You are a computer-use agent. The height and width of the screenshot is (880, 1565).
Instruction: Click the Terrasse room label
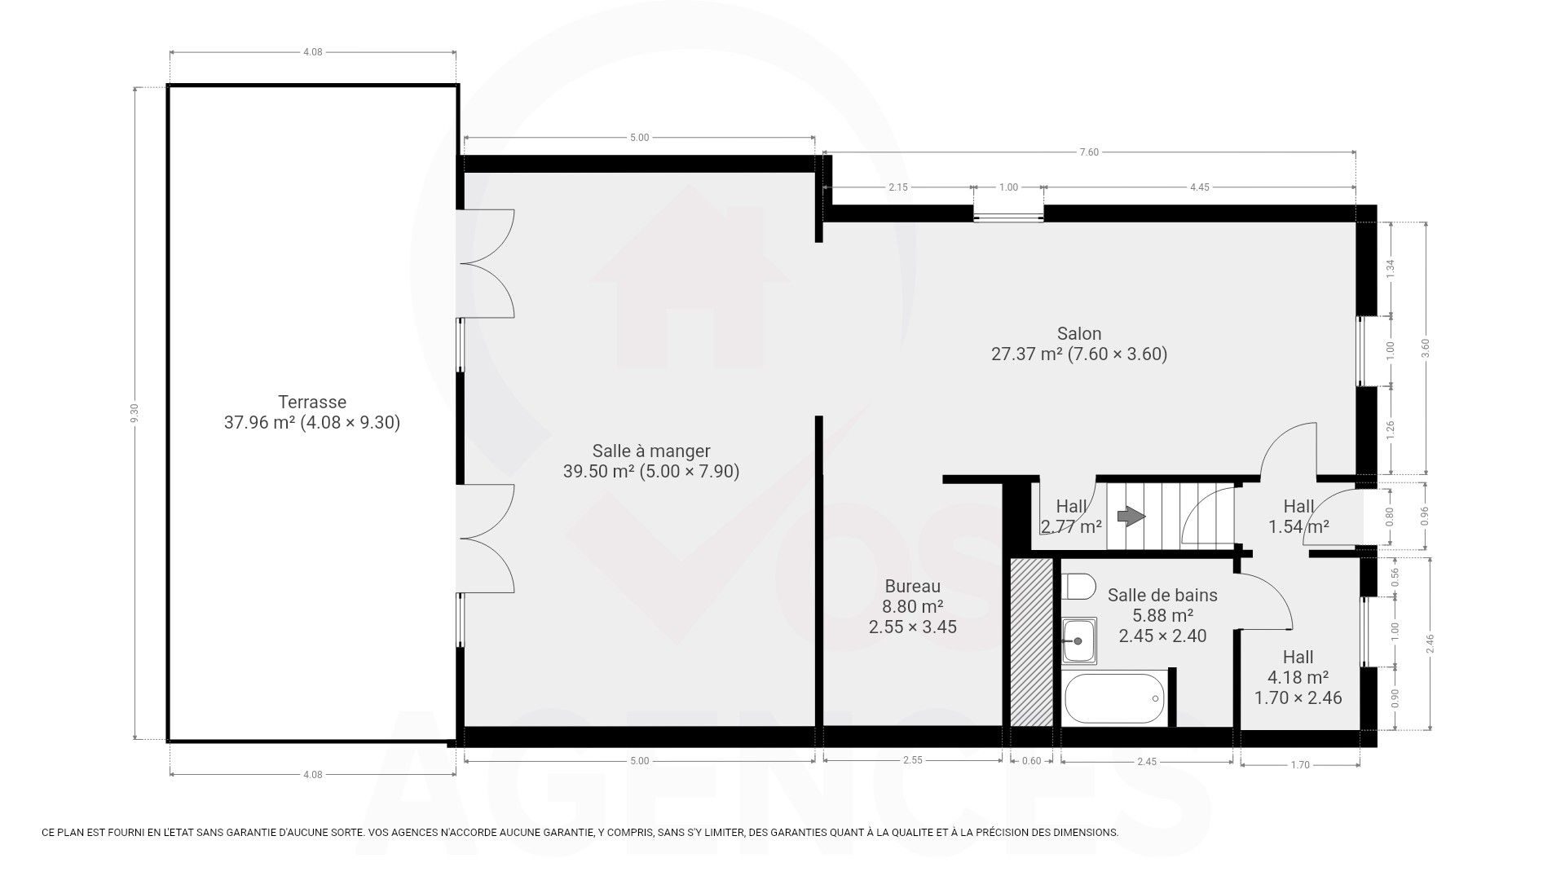coord(312,402)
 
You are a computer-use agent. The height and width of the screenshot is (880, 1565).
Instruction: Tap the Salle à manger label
coord(651,451)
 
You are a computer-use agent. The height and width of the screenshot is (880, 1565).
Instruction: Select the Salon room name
coord(1079,333)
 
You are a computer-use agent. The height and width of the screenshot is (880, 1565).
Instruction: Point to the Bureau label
coord(913,586)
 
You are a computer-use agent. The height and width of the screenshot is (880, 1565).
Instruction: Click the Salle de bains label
coord(1162,595)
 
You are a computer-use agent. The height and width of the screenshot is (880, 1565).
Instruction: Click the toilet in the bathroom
coord(1079,587)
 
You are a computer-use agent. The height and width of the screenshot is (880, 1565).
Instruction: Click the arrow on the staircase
coord(1131,516)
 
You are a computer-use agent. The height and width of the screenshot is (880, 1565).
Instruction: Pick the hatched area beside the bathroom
coord(1031,642)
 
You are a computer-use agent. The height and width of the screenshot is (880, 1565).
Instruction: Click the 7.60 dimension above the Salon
coord(1089,152)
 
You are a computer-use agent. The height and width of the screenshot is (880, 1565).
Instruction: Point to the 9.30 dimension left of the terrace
coord(135,413)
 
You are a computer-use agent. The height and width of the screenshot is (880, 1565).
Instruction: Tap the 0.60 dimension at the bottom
coord(1031,761)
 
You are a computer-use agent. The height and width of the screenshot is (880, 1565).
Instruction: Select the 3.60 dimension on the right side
coord(1425,348)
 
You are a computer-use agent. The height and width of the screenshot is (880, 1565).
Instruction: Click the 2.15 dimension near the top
coord(897,187)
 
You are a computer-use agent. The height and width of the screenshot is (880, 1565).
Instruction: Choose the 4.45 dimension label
coord(1199,187)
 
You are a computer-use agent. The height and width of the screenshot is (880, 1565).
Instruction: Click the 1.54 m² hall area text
coord(1298,526)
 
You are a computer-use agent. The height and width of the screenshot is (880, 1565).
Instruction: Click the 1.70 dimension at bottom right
coord(1300,764)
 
